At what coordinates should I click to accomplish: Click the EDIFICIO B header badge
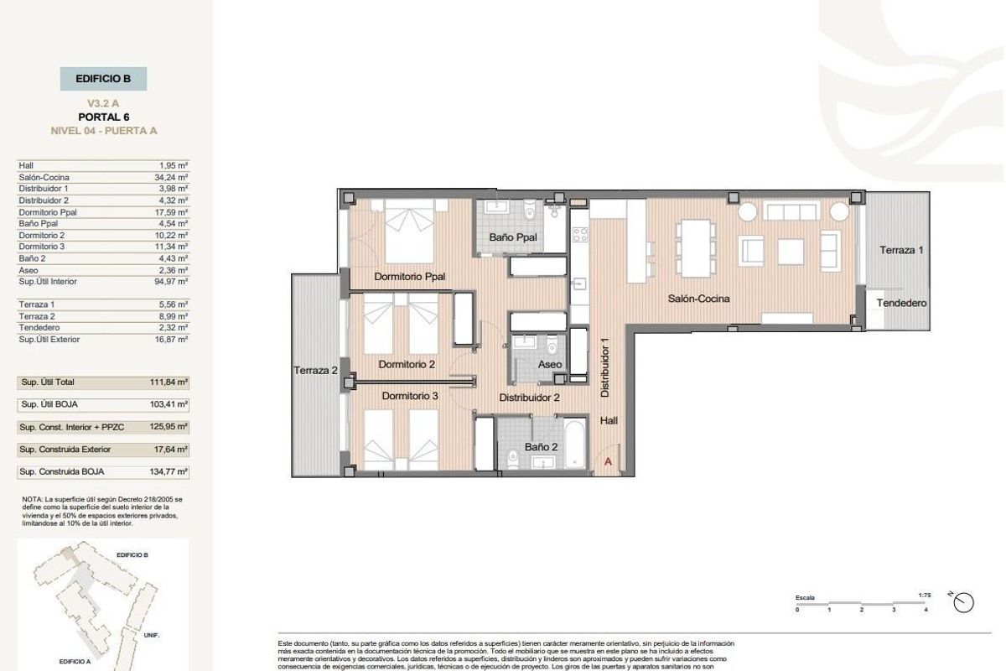pyautogui.click(x=103, y=79)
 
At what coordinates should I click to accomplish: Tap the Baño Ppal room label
pyautogui.click(x=513, y=238)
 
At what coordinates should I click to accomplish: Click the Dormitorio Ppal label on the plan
pyautogui.click(x=409, y=276)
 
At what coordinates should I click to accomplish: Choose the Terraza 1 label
pyautogui.click(x=901, y=250)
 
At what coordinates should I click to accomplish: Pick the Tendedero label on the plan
pyautogui.click(x=901, y=303)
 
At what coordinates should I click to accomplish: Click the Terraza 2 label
pyautogui.click(x=315, y=370)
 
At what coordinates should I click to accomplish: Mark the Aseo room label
pyautogui.click(x=550, y=364)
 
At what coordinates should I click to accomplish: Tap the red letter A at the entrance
pyautogui.click(x=608, y=460)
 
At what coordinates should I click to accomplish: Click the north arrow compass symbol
pyautogui.click(x=964, y=601)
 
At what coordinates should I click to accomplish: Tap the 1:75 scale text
pyautogui.click(x=925, y=595)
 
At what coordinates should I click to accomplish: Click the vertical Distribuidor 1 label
pyautogui.click(x=604, y=367)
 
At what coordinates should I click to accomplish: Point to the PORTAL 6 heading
pyautogui.click(x=103, y=117)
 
